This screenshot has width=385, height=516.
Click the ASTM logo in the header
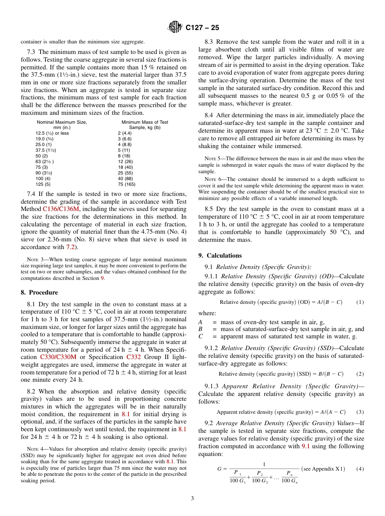(175, 27)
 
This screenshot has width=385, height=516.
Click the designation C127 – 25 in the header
(202, 28)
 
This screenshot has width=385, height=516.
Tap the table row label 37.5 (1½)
(45, 150)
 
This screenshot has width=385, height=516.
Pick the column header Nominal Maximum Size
(62, 122)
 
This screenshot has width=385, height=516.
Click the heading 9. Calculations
(220, 256)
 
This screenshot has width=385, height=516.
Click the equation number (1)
(360, 302)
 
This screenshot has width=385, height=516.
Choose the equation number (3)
(360, 412)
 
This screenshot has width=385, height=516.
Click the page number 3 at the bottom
(192, 498)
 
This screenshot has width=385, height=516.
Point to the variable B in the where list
(200, 329)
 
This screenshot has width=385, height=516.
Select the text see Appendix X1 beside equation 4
(323, 469)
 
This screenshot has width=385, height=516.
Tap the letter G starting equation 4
(219, 469)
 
